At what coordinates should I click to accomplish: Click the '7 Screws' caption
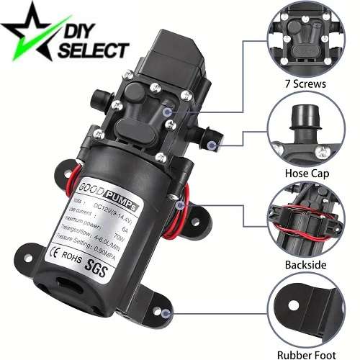[305, 84]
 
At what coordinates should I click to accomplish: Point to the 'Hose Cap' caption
[305, 173]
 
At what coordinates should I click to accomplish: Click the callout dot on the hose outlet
[211, 145]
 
